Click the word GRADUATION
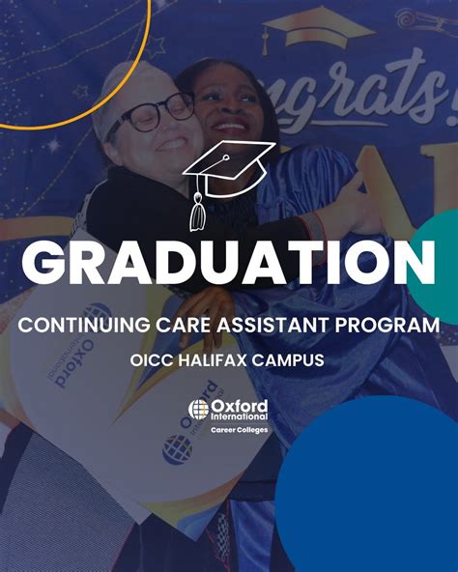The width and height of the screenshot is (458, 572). tap(228, 263)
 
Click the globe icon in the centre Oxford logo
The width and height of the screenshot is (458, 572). tap(198, 409)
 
